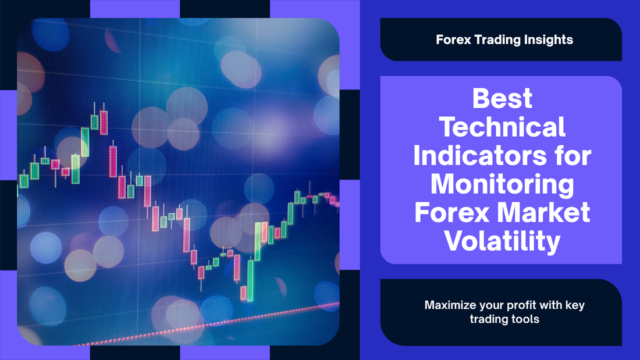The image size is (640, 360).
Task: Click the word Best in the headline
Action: click(x=502, y=98)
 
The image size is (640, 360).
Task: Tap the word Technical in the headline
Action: click(x=502, y=127)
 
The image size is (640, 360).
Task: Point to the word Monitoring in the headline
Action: click(x=502, y=185)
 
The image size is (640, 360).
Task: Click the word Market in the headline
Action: click(x=543, y=212)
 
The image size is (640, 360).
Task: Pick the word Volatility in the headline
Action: click(x=502, y=241)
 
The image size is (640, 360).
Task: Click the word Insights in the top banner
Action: click(x=548, y=40)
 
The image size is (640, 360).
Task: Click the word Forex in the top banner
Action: click(x=453, y=40)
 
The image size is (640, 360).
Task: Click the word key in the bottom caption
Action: click(x=575, y=306)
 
